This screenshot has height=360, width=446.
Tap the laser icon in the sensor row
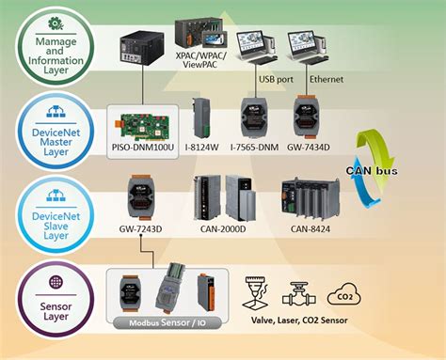tap(259, 292)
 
